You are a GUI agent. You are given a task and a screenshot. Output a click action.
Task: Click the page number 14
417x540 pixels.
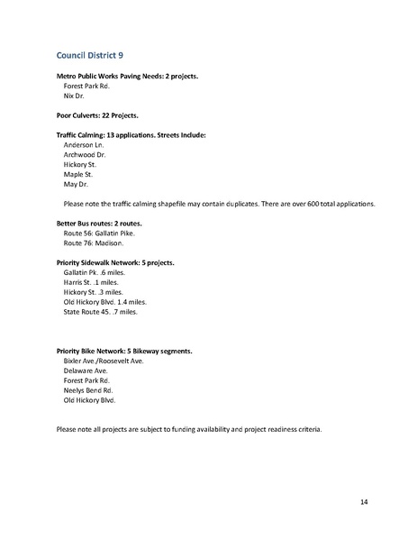coord(364,500)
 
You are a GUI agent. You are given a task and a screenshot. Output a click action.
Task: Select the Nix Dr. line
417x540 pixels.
coord(77,95)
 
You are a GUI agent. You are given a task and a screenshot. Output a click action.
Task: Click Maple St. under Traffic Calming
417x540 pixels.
coord(81,174)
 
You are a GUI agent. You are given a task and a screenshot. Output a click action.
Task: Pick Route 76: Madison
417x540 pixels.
coord(94,243)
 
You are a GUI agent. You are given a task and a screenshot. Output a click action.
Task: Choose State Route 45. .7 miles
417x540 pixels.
coord(101,312)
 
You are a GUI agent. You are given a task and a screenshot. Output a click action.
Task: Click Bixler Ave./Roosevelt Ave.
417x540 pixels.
coord(104,361)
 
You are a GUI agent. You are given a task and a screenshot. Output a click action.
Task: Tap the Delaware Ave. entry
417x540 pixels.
coord(86,371)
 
